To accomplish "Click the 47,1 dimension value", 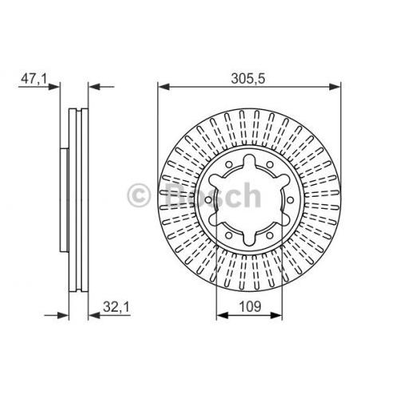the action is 33,79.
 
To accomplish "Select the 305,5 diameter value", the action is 248,79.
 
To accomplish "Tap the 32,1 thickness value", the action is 116,307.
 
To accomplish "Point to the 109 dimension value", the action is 250,306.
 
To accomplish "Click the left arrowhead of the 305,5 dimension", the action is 163,87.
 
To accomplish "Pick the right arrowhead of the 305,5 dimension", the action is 335,87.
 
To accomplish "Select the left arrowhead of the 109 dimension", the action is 222,316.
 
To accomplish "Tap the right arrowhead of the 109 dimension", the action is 276,316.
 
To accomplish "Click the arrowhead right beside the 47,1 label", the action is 54,87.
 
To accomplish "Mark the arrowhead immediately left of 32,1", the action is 94,316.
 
